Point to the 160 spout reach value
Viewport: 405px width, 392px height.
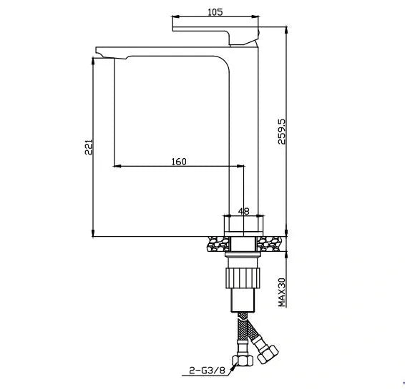(179, 161)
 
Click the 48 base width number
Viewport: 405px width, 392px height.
(243, 211)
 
